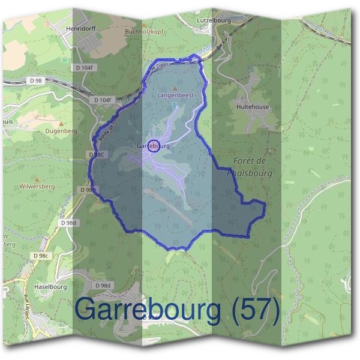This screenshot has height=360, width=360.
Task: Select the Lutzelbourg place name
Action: pos(213,20)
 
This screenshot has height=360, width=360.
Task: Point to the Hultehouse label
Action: pos(252,107)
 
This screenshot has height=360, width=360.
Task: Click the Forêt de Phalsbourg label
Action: pos(251,167)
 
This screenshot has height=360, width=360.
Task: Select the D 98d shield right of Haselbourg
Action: pos(103,285)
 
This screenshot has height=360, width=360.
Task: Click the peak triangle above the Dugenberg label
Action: pos(62,123)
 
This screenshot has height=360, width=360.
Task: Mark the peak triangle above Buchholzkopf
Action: pos(142,23)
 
